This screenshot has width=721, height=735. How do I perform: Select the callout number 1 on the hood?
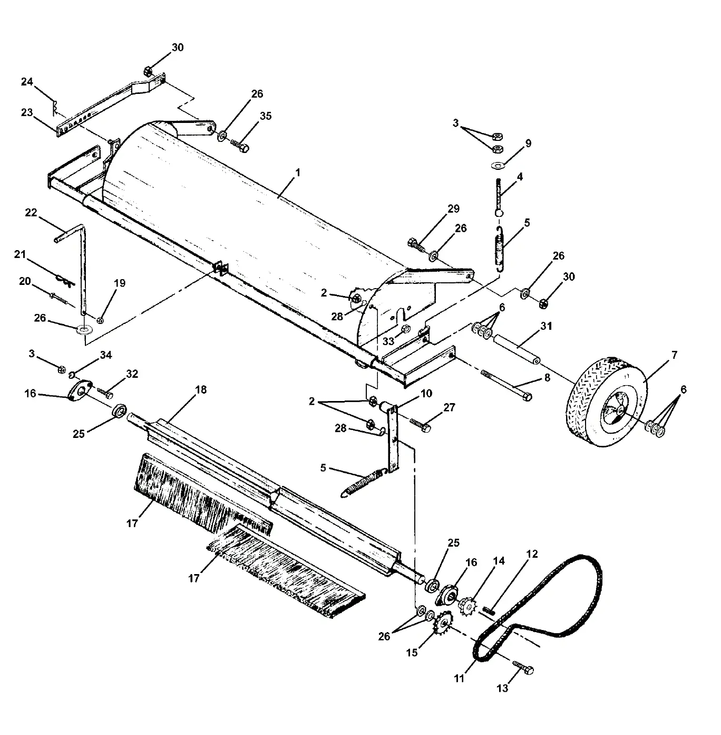click(297, 173)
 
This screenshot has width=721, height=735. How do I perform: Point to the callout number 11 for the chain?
click(459, 678)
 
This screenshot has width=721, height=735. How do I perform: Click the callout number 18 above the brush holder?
click(200, 390)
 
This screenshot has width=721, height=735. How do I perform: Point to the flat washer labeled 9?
click(497, 166)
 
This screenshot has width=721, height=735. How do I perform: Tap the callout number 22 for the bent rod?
click(31, 212)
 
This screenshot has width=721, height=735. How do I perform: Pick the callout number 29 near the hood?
click(453, 208)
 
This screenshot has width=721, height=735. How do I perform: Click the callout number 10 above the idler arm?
click(426, 394)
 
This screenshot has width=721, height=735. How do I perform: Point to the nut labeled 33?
click(406, 330)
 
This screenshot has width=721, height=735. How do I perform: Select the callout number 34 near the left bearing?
click(106, 355)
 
